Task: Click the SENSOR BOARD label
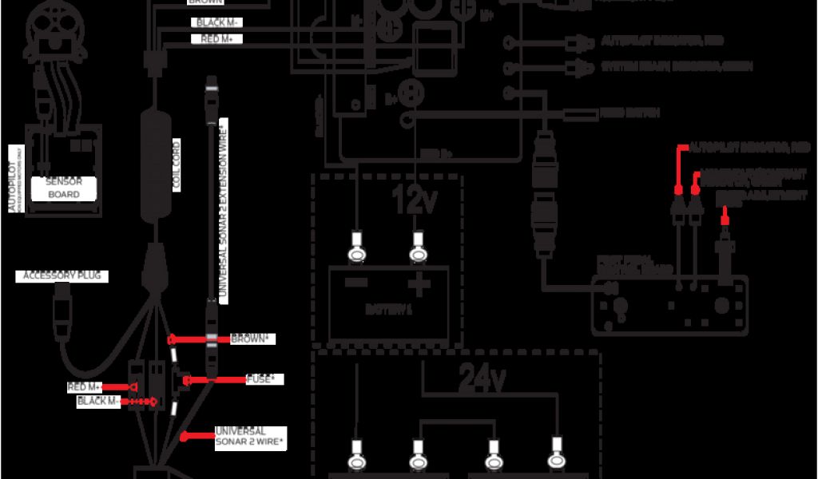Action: pyautogui.click(x=63, y=188)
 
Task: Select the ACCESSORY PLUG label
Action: pyautogui.click(x=66, y=276)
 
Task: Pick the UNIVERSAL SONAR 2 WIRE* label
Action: pyautogui.click(x=251, y=436)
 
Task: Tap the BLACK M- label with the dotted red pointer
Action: pyautogui.click(x=97, y=401)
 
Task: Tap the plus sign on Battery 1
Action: pyautogui.click(x=417, y=284)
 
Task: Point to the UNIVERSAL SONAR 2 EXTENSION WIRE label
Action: pyautogui.click(x=224, y=212)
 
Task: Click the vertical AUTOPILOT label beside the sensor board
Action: pyautogui.click(x=13, y=180)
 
